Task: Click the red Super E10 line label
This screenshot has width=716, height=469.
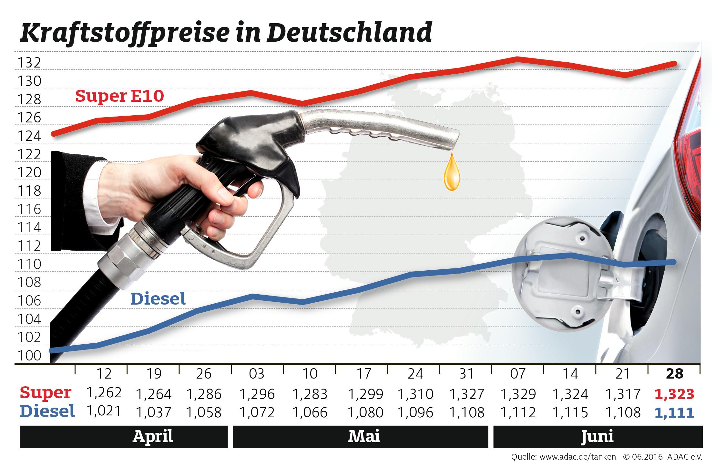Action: pos(120,96)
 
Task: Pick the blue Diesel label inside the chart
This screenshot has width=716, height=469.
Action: pos(158,299)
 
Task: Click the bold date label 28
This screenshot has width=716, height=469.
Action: pos(675,374)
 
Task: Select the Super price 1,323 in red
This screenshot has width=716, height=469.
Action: pos(674,394)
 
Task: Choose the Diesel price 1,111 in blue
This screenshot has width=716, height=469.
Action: pos(674,412)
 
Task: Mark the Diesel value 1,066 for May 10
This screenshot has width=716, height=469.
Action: pos(310,412)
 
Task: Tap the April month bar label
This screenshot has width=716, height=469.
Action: pos(153,437)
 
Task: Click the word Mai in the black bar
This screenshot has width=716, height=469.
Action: pos(364,437)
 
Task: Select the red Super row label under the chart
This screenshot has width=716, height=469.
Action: pos(45,393)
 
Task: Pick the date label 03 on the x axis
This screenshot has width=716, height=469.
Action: pos(257,374)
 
